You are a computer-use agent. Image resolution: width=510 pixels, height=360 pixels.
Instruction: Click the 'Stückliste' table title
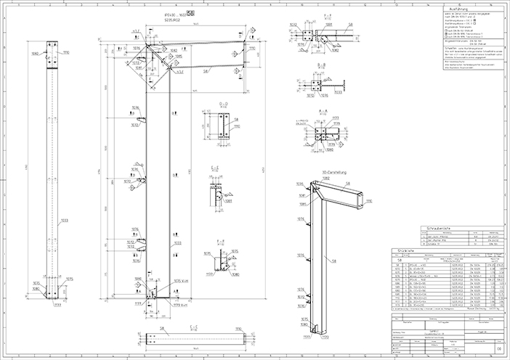[401, 250]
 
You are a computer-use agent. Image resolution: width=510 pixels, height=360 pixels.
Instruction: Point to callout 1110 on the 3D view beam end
[369, 200]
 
